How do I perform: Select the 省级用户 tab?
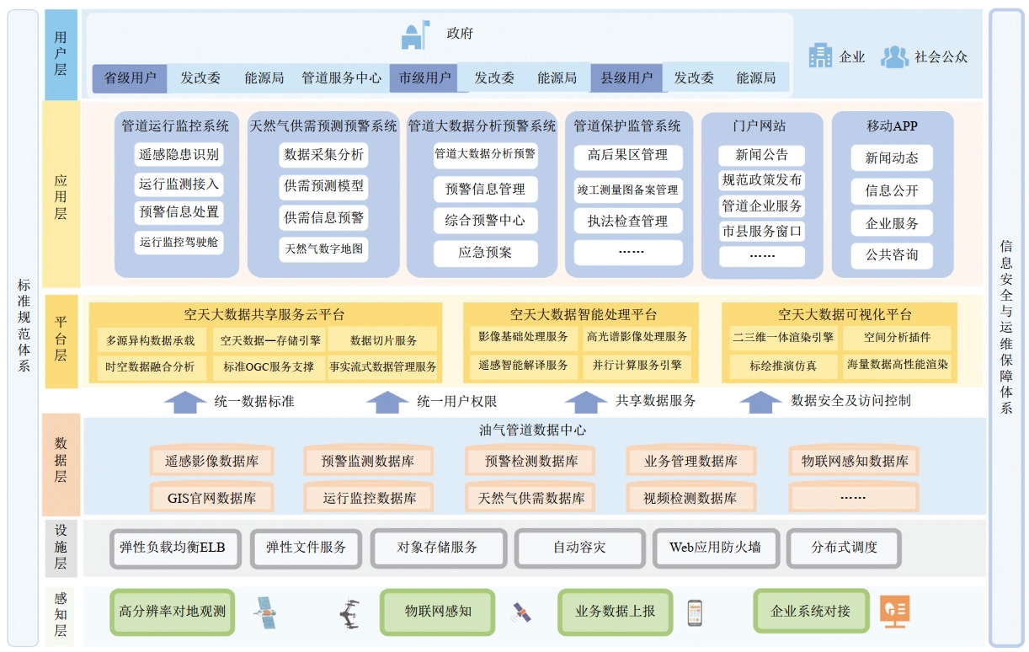[130, 78]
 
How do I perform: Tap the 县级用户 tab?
[626, 78]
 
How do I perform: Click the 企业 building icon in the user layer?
[820, 56]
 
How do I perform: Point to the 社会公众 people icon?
[894, 56]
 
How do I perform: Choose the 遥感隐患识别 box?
[179, 154]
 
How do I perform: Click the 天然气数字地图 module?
[324, 249]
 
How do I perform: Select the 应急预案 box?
[485, 253]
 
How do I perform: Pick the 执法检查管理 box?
[627, 221]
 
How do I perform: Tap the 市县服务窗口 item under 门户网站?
[762, 231]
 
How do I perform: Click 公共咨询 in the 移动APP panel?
[892, 254]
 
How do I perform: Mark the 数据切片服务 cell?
[383, 340]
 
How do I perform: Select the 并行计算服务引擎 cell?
[637, 366]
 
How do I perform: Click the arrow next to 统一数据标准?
[184, 402]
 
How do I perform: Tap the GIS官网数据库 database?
[211, 498]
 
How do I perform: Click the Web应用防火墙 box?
[715, 548]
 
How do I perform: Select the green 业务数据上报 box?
[615, 612]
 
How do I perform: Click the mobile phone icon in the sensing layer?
[695, 612]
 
